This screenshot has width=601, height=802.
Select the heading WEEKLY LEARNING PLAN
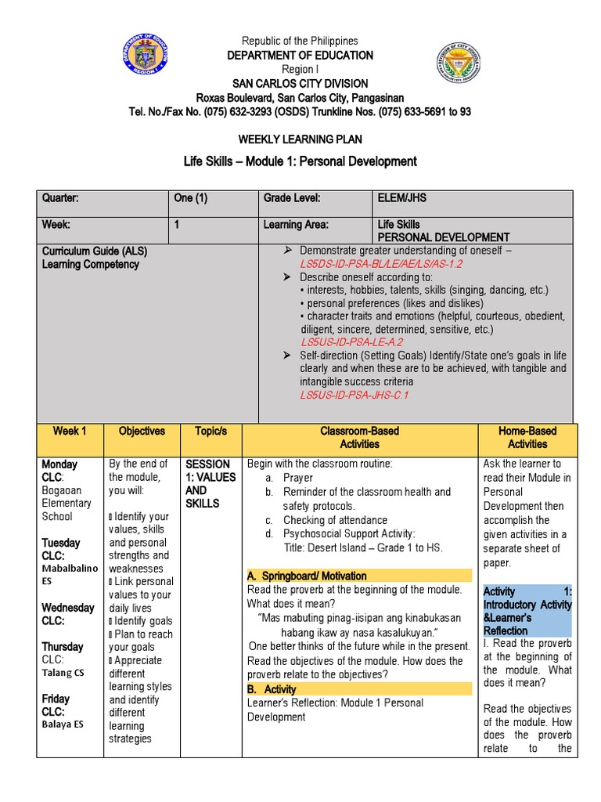click(300, 139)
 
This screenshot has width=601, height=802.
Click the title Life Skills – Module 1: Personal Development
click(300, 161)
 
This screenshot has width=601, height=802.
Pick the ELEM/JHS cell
click(401, 198)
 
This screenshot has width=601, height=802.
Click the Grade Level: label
click(292, 198)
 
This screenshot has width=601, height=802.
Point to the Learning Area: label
click(296, 225)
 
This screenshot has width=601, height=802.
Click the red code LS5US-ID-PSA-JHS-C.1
click(354, 395)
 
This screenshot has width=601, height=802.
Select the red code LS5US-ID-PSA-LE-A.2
click(351, 342)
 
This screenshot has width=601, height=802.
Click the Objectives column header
click(142, 431)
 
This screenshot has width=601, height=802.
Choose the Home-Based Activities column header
click(527, 437)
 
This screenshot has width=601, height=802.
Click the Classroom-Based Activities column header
click(359, 437)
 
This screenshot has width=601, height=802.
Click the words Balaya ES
click(62, 724)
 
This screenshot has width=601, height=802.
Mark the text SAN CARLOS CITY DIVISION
click(300, 84)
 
